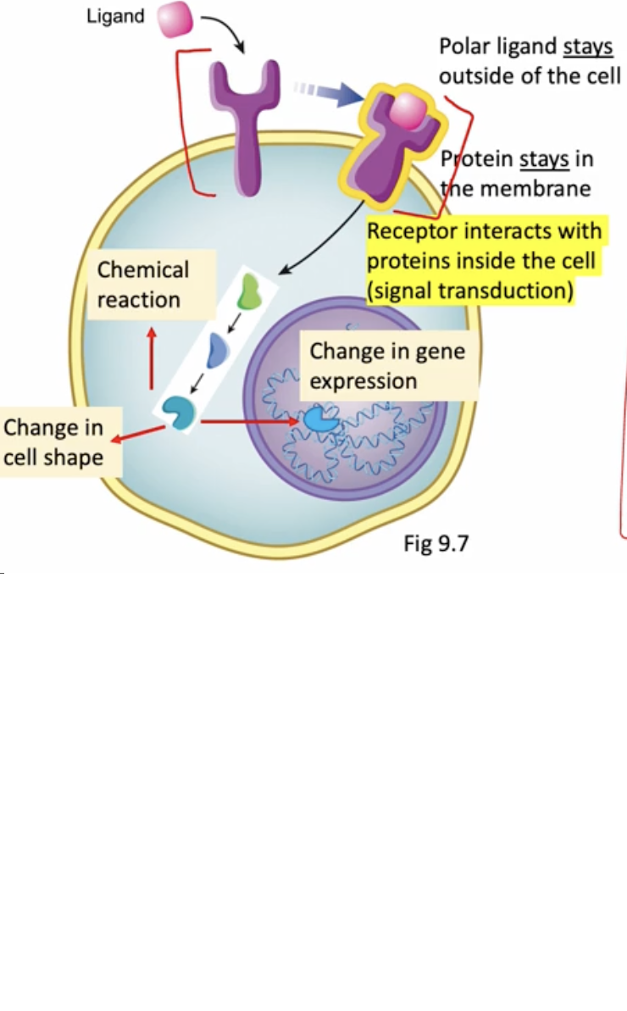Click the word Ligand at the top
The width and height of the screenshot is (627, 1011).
(x=115, y=16)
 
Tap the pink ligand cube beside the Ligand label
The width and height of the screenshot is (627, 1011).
(x=175, y=19)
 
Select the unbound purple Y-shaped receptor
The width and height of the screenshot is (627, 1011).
(x=244, y=119)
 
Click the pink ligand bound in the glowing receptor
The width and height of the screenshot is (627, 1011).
(x=409, y=109)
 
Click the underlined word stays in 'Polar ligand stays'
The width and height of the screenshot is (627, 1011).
(x=587, y=47)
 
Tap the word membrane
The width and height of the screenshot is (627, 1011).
(x=535, y=188)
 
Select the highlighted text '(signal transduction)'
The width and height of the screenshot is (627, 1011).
(x=471, y=292)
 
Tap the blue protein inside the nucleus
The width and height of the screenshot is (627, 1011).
(x=319, y=419)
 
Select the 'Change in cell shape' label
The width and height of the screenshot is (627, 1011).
(x=53, y=442)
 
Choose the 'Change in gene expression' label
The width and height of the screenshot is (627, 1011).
(x=387, y=365)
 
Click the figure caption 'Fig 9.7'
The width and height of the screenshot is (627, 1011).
(x=436, y=543)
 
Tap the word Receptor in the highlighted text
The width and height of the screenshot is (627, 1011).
(x=411, y=231)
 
